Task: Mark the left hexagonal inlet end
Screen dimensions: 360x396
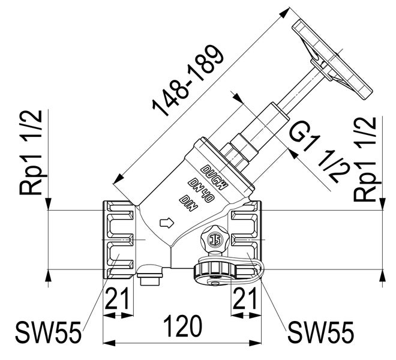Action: tap(119, 241)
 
